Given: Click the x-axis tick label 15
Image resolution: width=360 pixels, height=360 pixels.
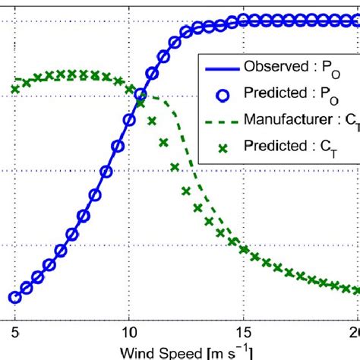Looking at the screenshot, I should [243, 332].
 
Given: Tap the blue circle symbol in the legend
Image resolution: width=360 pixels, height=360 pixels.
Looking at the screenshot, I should [220, 94].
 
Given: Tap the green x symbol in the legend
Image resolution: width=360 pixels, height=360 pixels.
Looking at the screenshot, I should [220, 146].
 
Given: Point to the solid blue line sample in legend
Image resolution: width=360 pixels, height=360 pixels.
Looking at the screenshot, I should [220, 68].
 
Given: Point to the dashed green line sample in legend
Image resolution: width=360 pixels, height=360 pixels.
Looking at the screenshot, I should [220, 120].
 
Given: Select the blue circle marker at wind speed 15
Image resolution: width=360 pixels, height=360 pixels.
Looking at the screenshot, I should [243, 21].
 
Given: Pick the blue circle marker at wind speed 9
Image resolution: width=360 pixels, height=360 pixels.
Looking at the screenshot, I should [106, 172].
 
